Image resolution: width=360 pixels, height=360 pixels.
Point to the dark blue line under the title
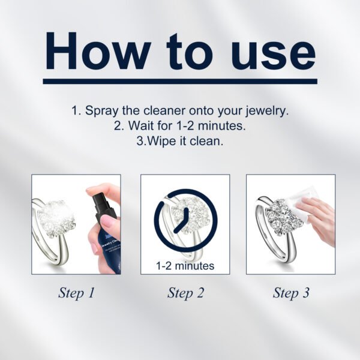[x=180, y=81]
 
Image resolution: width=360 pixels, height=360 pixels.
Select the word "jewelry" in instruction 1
[x=264, y=111]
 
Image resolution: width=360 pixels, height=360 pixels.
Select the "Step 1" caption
[x=76, y=293]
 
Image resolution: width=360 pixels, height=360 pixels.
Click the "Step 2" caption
[x=185, y=293]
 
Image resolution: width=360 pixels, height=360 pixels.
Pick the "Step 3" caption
[x=291, y=293]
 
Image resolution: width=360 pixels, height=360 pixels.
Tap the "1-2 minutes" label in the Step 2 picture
[x=185, y=265]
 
